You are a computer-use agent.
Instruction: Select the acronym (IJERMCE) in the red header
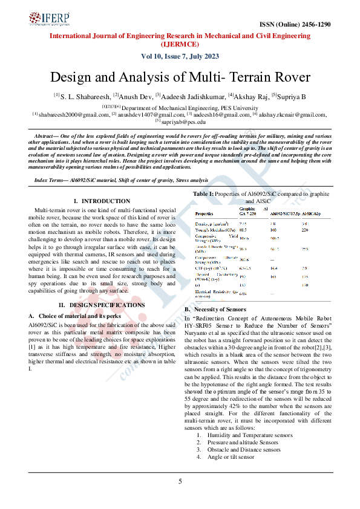click(x=180, y=44)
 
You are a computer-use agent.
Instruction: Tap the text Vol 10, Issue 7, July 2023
click(x=180, y=56)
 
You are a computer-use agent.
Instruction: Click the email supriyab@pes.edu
click(x=182, y=122)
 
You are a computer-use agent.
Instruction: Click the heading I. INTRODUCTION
click(x=102, y=201)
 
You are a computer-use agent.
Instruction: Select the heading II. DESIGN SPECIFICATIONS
click(x=102, y=305)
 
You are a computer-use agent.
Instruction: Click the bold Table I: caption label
click(x=203, y=193)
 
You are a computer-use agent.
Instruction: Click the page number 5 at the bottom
click(x=180, y=481)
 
